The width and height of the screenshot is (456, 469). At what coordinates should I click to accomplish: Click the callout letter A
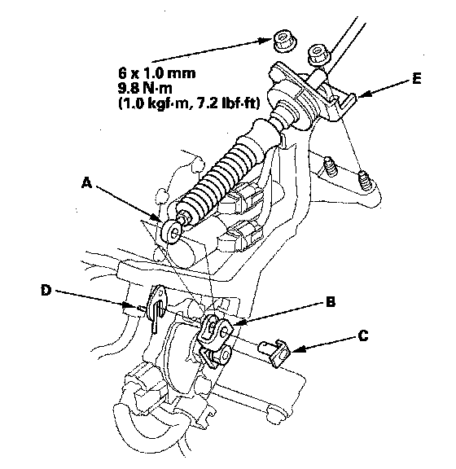[86, 182]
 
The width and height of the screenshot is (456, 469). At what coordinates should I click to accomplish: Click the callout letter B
[330, 302]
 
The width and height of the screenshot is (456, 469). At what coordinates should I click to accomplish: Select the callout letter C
[363, 335]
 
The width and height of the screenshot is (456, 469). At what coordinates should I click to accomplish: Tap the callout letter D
[46, 290]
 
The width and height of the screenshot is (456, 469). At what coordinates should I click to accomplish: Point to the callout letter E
[416, 79]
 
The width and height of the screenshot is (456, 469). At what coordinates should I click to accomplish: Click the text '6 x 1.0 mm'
[157, 73]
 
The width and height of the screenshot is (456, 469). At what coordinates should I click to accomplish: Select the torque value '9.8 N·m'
[145, 88]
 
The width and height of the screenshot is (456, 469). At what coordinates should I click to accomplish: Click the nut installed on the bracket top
[318, 55]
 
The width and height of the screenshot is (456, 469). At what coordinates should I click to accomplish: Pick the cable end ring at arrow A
[172, 232]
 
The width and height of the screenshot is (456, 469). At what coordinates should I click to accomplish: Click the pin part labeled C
[274, 353]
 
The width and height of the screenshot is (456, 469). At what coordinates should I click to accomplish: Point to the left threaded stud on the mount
[331, 166]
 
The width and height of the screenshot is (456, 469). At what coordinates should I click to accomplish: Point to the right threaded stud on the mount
[365, 180]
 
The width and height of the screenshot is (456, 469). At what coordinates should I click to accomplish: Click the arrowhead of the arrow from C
[297, 349]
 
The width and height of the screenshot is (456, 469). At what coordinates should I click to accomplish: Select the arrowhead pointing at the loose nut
[265, 41]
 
